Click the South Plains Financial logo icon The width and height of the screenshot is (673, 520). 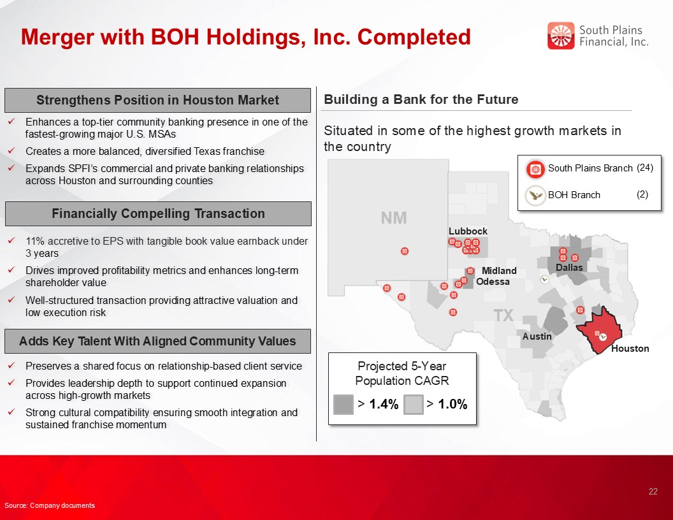point(561,36)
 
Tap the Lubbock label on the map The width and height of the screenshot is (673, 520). point(468,231)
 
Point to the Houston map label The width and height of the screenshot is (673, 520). point(630,349)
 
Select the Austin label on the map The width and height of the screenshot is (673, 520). point(537,336)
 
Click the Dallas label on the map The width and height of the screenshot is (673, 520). point(569,267)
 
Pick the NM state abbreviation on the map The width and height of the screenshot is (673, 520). point(394,218)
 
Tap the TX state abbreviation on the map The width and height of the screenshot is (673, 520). point(503,315)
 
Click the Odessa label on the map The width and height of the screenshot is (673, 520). point(493,282)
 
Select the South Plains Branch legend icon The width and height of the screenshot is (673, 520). point(535,169)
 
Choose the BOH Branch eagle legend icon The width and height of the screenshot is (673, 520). point(535,196)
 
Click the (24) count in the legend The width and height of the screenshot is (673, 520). point(645,168)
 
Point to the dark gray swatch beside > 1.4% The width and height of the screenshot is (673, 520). point(344,404)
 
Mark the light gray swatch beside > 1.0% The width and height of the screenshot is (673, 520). point(414,404)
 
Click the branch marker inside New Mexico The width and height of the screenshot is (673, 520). point(404,251)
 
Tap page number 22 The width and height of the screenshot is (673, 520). point(653,491)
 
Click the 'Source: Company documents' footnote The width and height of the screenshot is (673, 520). point(49,505)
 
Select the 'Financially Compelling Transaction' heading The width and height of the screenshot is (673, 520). point(158,213)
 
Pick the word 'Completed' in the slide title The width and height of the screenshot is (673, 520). point(414,37)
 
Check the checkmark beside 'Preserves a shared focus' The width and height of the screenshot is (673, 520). point(11,366)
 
